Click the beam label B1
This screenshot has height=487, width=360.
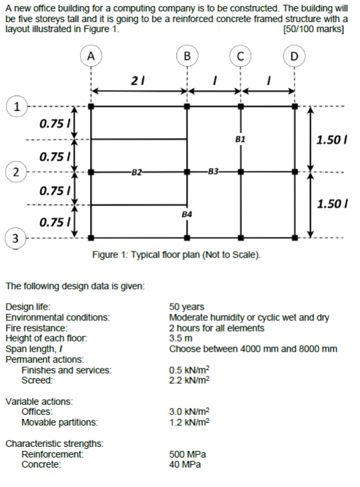(241, 139)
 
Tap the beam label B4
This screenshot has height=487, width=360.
(187, 214)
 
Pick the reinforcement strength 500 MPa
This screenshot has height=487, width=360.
(189, 454)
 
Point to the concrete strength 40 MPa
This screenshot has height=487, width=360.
(186, 463)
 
